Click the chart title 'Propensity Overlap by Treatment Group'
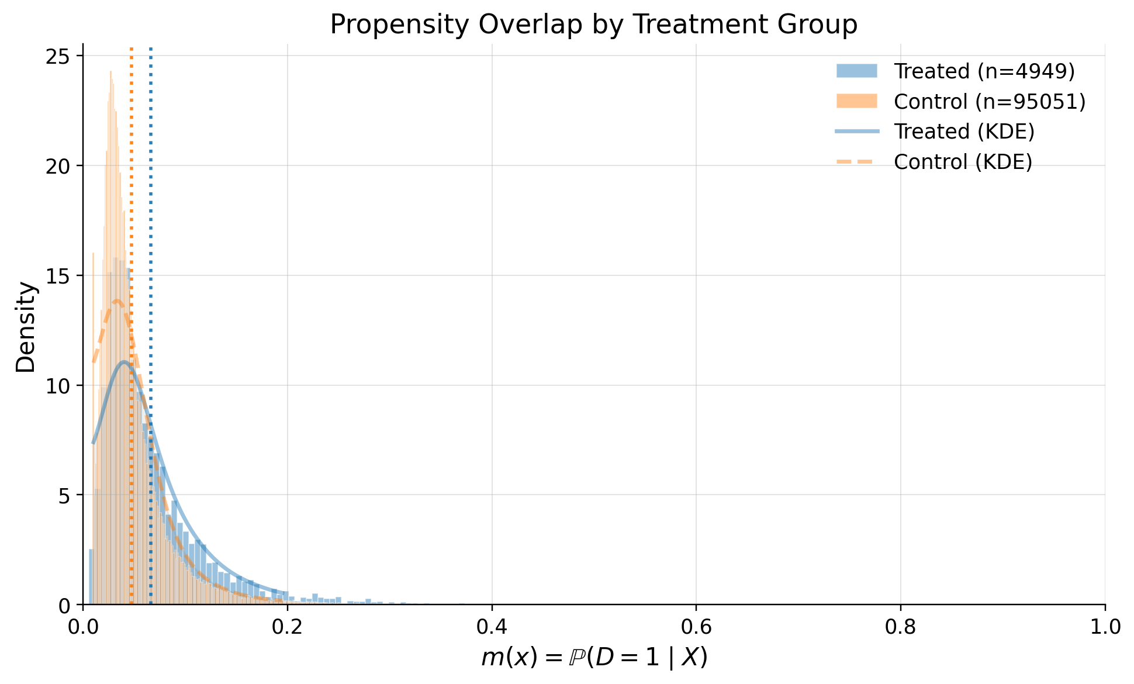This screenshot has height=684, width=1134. [593, 25]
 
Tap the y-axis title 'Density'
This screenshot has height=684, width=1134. [26, 327]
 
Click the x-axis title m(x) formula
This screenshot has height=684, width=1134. [594, 658]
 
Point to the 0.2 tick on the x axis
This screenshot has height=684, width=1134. [287, 627]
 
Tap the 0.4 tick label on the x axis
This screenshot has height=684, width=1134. [492, 627]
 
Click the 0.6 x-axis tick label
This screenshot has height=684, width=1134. [696, 627]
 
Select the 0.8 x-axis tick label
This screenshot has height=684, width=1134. [900, 627]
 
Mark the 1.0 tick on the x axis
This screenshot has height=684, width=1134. [1105, 627]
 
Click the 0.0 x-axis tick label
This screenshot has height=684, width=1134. [83, 627]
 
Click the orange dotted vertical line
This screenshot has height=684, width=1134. [132, 175]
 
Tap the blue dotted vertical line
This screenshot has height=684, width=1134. [151, 175]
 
